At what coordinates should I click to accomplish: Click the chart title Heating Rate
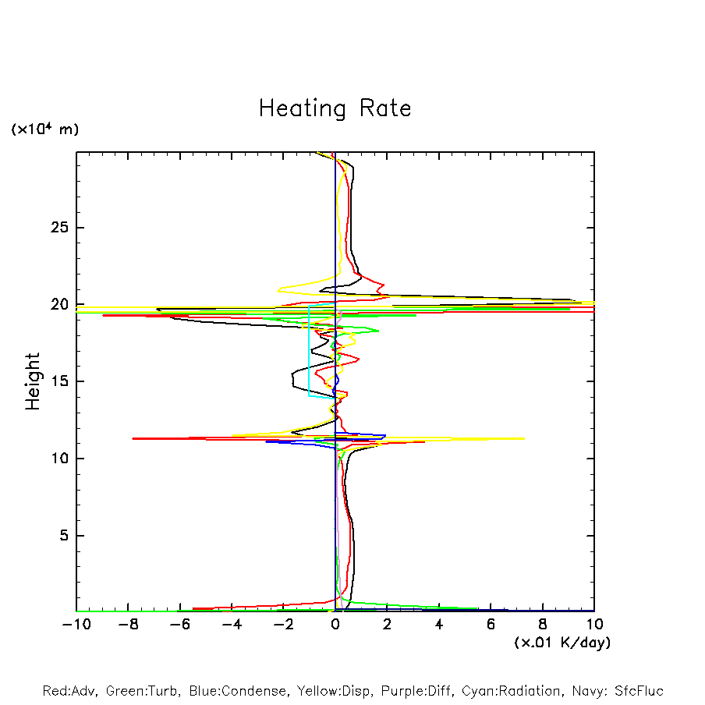335,108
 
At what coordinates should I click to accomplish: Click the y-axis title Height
33,381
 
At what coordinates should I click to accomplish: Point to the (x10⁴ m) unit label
44,129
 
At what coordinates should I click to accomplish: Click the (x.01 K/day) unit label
562,643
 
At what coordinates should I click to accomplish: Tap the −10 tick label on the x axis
76,625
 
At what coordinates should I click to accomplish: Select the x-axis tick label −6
179,625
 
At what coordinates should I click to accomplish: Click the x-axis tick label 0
335,625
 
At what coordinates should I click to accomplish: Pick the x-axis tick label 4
439,625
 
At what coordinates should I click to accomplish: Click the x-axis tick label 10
594,625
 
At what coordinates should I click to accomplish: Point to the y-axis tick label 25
60,228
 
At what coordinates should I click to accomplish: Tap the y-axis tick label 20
60,305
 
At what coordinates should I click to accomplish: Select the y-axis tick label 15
60,381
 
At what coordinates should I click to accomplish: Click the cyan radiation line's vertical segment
309,351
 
